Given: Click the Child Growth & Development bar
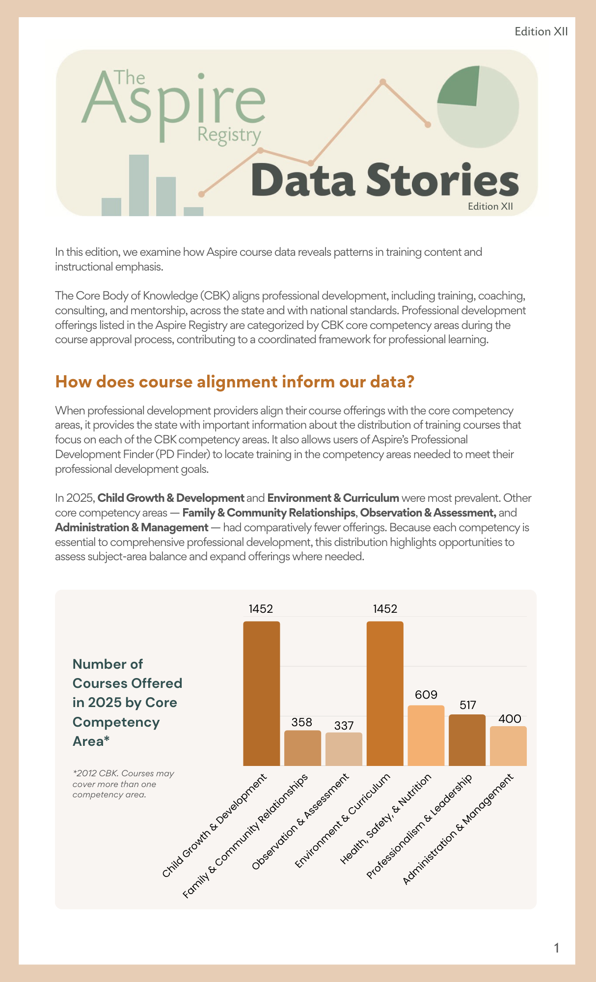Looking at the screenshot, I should coord(262,693).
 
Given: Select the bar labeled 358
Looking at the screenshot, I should coord(302,748).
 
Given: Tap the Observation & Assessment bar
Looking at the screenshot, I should coord(344,749).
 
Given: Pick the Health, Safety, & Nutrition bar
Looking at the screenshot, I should coord(426,735).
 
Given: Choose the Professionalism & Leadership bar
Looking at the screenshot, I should coord(467,740).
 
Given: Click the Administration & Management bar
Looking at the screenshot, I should coord(508,746).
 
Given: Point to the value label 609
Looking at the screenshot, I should coord(426,695).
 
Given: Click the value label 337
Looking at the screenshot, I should coord(344,726).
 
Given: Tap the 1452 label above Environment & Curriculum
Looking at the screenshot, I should coord(385,609).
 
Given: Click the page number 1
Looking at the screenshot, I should coord(556,948).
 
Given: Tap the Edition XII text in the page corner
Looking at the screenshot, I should coord(541,31).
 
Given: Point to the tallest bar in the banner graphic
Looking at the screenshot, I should coord(139,185).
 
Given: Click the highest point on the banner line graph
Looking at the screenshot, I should coord(383,82).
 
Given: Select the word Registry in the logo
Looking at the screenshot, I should coord(229,135).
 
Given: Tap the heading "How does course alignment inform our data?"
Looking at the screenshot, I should coord(235,382).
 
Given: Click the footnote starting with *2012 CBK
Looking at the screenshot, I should coord(123,784).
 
